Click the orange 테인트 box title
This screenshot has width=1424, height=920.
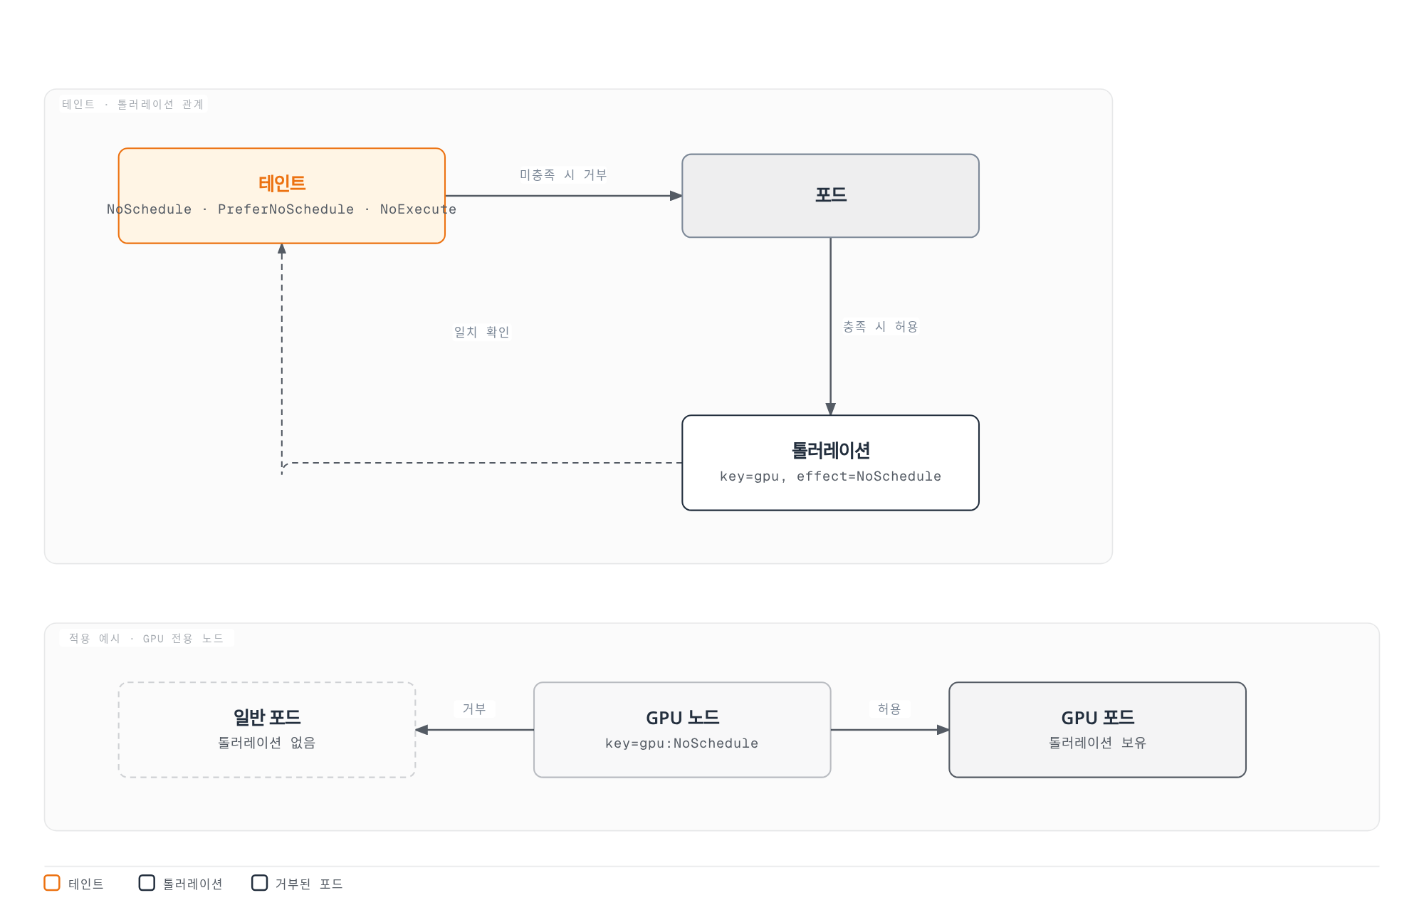tap(282, 184)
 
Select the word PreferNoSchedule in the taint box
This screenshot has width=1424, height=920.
tap(286, 209)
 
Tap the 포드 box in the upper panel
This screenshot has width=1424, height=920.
tap(830, 196)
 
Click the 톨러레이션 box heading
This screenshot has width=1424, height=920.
tap(830, 451)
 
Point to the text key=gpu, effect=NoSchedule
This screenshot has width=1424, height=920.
tap(830, 476)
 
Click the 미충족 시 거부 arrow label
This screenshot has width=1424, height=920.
tap(563, 175)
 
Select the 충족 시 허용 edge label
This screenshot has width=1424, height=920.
tap(880, 327)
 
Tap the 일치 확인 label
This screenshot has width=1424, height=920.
tap(482, 333)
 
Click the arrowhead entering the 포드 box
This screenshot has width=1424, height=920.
tap(676, 196)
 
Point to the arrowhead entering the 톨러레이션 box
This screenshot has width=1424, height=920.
tap(830, 409)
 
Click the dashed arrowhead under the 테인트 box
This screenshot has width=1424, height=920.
tap(282, 249)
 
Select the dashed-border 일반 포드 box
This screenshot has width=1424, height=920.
tap(267, 730)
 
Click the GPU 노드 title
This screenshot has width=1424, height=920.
tap(682, 718)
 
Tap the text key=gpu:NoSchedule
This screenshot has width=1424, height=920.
tap(682, 743)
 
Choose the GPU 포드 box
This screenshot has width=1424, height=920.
tap(1097, 730)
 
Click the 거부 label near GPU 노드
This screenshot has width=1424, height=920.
tap(474, 709)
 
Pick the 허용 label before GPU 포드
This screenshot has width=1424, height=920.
tap(889, 709)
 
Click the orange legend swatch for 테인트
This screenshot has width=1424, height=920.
tap(52, 883)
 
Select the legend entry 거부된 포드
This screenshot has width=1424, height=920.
tap(298, 884)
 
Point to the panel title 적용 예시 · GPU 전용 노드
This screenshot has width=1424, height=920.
tap(146, 639)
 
